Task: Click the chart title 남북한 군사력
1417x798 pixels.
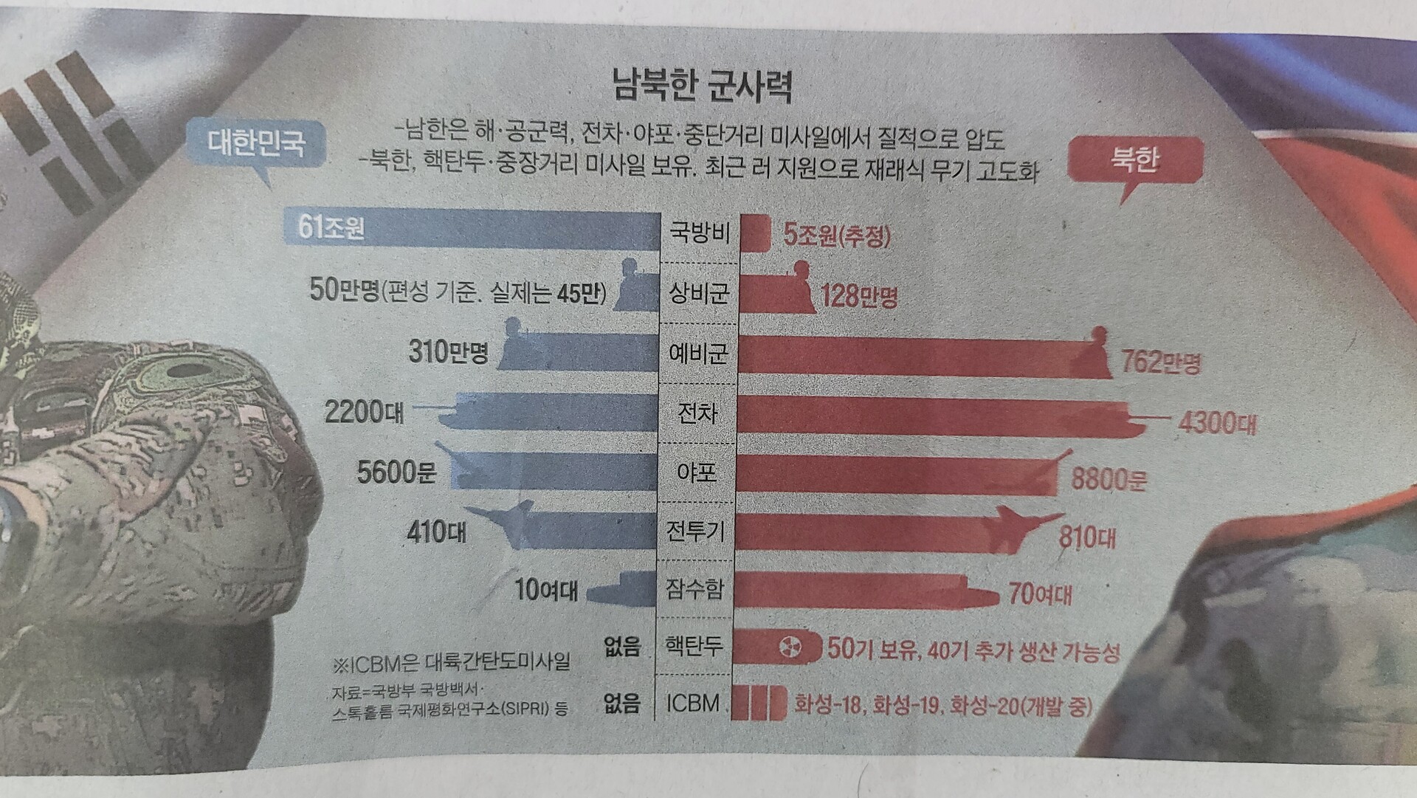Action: [x=702, y=85]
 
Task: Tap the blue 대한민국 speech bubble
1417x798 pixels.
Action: [x=255, y=142]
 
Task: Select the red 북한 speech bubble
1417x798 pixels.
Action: [x=1134, y=159]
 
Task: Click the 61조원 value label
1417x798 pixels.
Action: [x=331, y=227]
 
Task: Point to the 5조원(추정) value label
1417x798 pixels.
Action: [x=836, y=235]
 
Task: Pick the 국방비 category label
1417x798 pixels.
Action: [x=698, y=233]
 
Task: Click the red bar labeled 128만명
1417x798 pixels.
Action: [x=775, y=295]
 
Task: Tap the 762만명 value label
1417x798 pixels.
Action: [x=1160, y=362]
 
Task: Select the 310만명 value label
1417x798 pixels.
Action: [x=448, y=352]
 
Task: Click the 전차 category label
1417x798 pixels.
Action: [x=697, y=413]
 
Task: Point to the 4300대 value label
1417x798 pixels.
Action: [x=1216, y=423]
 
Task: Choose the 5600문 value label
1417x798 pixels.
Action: [x=396, y=472]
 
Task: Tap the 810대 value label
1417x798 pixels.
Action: [x=1086, y=537]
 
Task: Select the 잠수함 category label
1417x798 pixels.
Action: [x=694, y=589]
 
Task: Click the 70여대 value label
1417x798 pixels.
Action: [x=1040, y=594]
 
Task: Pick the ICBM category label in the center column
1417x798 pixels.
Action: [x=692, y=703]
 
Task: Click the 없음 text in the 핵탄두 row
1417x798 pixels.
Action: [x=621, y=647]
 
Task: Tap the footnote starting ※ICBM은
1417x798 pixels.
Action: [x=452, y=662]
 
